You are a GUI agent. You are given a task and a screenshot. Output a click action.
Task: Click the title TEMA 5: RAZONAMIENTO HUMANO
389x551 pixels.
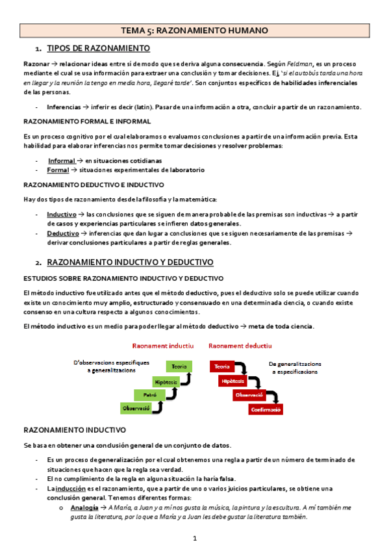pos(195,30)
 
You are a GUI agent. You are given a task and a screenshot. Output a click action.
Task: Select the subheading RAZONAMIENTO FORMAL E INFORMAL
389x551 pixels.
pos(87,122)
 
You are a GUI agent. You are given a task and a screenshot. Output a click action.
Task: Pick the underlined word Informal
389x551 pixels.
pos(62,160)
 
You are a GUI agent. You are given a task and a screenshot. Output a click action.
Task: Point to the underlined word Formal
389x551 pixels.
pos(58,170)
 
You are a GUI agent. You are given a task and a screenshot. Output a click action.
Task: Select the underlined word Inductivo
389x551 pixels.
pos(62,214)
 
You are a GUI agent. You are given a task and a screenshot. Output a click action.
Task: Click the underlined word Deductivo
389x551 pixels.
pos(63,233)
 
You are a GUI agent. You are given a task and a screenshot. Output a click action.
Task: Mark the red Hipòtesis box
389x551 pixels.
pos(232,381)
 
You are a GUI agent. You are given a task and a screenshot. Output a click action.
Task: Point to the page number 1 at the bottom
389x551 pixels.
pos(195,539)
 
